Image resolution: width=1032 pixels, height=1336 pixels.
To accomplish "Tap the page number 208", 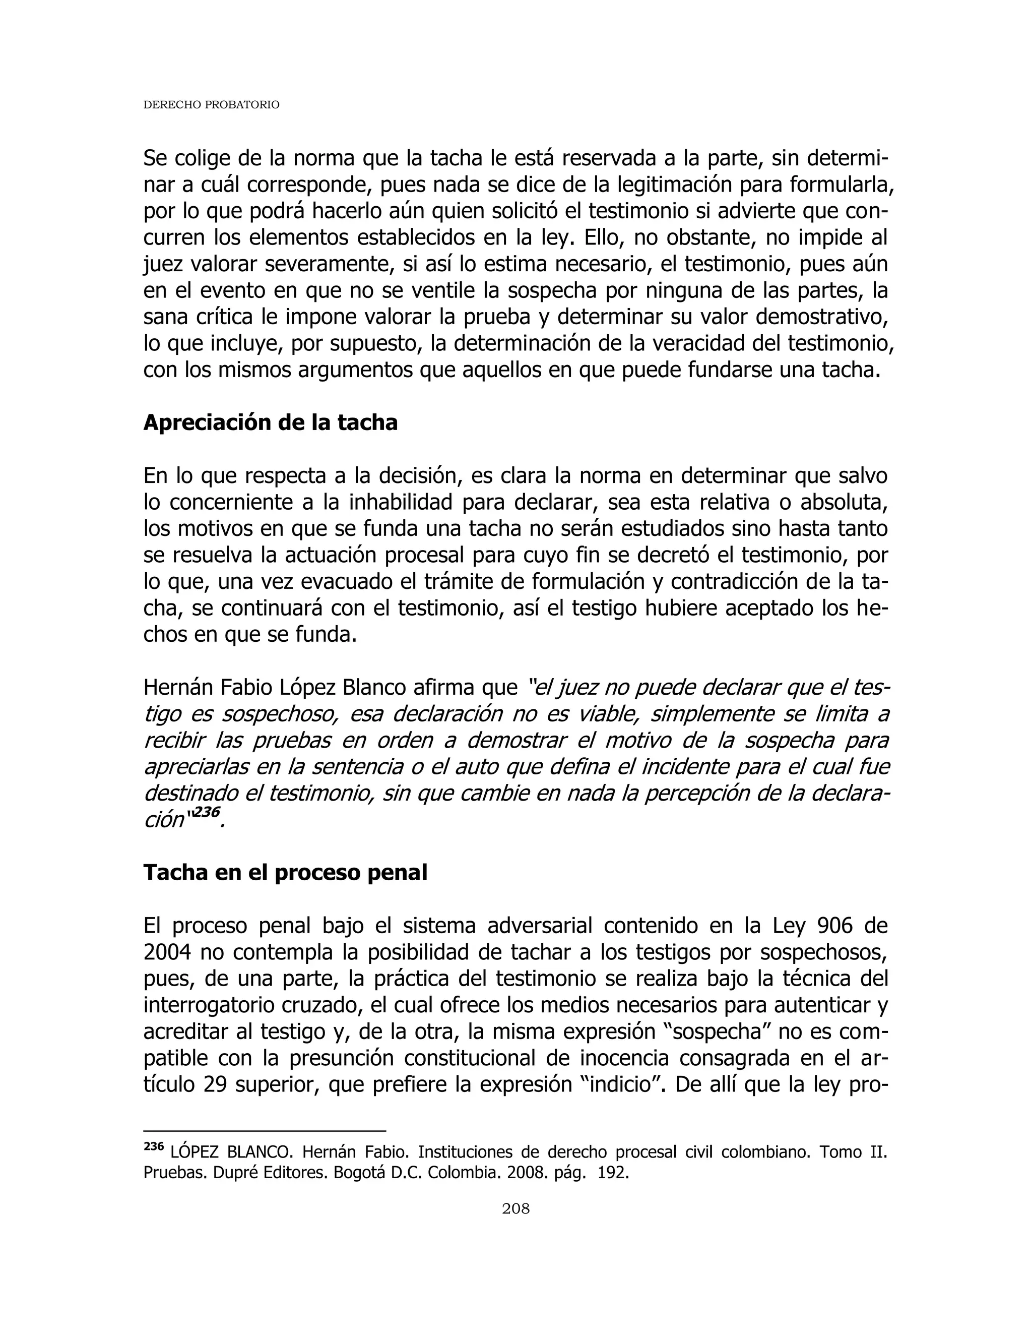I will [x=515, y=1208].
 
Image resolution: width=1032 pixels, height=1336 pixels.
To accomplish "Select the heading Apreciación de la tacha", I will [x=270, y=422].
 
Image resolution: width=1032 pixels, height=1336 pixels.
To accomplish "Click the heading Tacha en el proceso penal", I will [x=285, y=872].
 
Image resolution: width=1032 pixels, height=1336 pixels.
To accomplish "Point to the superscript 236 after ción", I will [x=207, y=812].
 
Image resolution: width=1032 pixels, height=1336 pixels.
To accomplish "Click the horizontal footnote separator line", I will [x=264, y=1131].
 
